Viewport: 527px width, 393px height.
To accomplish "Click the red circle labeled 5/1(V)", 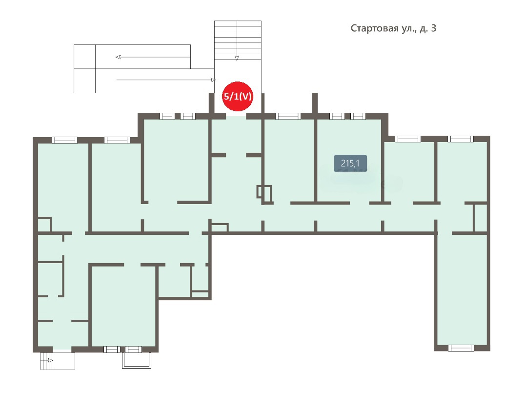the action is coord(238,96).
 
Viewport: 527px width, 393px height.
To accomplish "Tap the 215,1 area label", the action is coord(350,164).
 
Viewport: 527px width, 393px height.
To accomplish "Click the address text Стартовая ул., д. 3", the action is coord(393,28).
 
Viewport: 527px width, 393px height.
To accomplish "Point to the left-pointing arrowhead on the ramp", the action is coord(118,57).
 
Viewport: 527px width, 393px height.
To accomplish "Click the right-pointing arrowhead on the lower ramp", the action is coord(213,80).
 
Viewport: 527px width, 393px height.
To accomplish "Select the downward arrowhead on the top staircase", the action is coord(237,58).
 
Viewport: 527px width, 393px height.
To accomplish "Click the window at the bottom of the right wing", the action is coord(461,348).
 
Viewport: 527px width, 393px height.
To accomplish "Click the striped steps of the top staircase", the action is coord(238,40).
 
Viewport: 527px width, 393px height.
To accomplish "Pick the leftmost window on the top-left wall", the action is coord(64,140).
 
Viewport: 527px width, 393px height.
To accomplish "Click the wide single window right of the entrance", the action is coord(288,116).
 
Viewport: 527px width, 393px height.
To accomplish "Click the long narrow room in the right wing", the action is coord(462,289).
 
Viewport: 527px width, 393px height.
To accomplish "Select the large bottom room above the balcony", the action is coord(123,306).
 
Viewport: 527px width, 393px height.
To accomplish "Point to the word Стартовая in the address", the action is coord(374,28).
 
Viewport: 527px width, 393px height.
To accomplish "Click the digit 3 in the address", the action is coord(434,28).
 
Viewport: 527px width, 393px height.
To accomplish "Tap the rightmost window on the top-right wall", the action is coord(460,139).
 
